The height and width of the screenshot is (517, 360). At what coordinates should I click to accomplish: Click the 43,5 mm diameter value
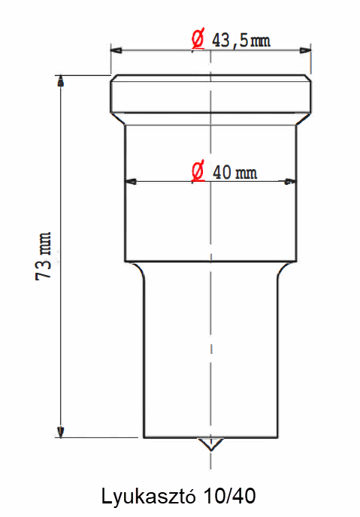click(241, 41)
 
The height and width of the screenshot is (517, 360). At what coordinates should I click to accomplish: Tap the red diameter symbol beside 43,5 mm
click(198, 39)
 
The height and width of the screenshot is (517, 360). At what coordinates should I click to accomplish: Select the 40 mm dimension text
click(234, 172)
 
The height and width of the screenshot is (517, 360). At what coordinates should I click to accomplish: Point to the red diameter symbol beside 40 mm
click(198, 171)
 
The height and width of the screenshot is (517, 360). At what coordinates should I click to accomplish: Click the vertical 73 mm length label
click(44, 256)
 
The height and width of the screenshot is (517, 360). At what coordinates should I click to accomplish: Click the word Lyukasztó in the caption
click(148, 497)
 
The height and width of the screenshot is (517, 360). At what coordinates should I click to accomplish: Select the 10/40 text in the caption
click(229, 496)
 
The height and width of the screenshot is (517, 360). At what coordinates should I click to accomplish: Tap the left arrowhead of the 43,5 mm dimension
click(116, 50)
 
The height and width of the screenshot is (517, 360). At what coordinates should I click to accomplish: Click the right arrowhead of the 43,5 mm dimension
click(305, 50)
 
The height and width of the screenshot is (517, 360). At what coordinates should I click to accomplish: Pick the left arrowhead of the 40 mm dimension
click(130, 181)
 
